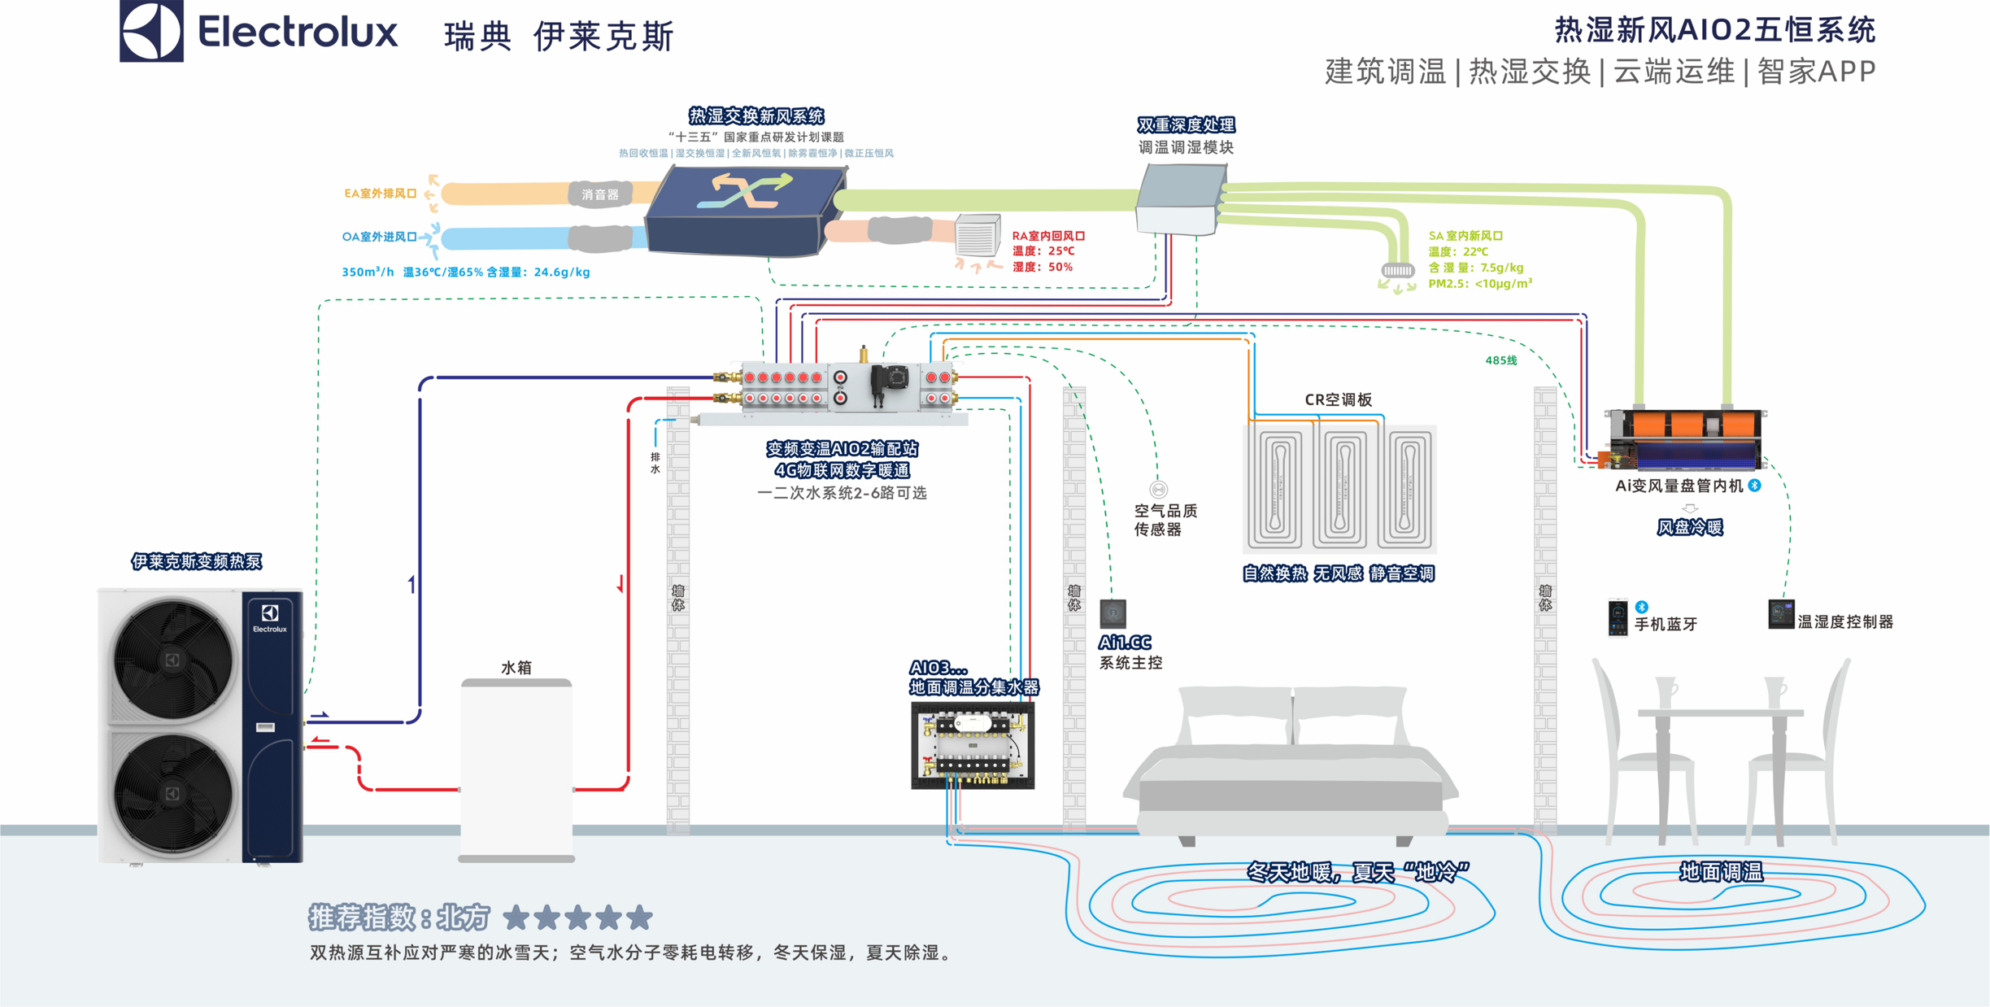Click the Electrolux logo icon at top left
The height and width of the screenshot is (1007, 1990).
tap(151, 31)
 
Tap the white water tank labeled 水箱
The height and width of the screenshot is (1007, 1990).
tap(516, 769)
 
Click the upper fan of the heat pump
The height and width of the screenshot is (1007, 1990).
tap(172, 659)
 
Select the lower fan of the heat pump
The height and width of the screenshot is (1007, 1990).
tap(172, 793)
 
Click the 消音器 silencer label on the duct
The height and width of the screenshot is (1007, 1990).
tap(600, 194)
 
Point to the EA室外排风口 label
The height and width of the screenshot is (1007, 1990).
tap(380, 194)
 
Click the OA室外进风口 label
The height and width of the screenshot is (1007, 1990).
tap(379, 237)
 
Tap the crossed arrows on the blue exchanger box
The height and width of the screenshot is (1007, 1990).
tap(745, 191)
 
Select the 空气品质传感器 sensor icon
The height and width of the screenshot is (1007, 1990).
tap(1158, 489)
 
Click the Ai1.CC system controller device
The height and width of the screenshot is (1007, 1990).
tap(1113, 613)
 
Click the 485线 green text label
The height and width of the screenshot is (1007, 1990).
tap(1500, 360)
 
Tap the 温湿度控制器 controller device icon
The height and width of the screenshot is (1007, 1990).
tap(1780, 614)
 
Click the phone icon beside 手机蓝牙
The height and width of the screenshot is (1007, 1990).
tap(1618, 617)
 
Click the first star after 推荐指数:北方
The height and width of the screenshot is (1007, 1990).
tap(516, 918)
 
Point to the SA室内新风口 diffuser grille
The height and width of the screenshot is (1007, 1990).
tap(1397, 270)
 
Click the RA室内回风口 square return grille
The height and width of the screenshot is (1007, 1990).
tap(976, 237)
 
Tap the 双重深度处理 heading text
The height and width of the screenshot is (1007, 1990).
tap(1186, 125)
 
